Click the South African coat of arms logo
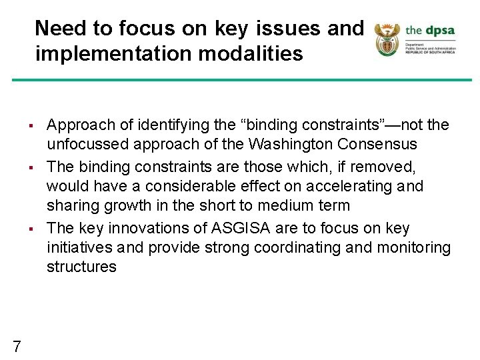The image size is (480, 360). (x=386, y=39)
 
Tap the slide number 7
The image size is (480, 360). (x=17, y=346)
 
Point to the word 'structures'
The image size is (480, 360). (x=81, y=267)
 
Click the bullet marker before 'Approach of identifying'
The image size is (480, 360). (x=31, y=125)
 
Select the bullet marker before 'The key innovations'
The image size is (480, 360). (x=31, y=229)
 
